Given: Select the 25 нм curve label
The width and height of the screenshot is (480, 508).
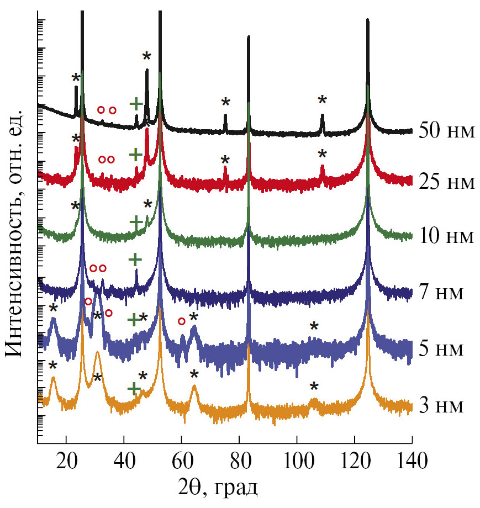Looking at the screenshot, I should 447,181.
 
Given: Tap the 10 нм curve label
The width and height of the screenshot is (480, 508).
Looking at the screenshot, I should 447,236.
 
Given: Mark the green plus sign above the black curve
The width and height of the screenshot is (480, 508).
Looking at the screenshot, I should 136,103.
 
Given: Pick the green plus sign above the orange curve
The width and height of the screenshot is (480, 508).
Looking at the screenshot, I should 134,389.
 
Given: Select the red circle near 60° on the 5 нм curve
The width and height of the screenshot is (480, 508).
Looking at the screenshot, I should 181,321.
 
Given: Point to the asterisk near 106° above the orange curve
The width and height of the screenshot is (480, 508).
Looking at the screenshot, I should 314,388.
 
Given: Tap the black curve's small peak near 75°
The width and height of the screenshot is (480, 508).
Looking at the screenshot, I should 225,115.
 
